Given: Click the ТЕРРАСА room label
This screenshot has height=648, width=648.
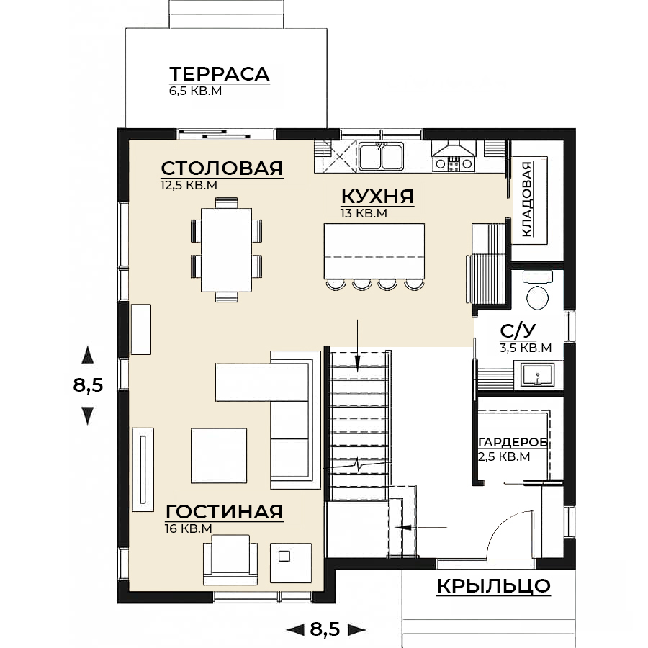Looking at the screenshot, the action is (220, 74).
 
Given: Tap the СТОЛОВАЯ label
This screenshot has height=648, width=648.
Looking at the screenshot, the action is (222, 168).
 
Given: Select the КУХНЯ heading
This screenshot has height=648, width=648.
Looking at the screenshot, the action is (377, 197).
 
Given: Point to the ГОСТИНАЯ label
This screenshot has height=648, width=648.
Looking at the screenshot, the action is (225, 512).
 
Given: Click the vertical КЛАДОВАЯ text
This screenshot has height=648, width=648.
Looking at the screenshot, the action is (527, 199).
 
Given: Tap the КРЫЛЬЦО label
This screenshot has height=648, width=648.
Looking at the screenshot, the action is (494, 586).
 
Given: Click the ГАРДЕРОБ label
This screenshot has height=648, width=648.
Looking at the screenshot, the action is (513, 443).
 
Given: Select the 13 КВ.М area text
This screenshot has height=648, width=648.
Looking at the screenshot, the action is (364, 214).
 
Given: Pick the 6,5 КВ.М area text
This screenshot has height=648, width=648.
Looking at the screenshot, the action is (195, 91).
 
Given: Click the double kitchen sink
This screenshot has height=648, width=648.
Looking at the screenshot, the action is (381, 156).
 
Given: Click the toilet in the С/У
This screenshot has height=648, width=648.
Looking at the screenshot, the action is (537, 291).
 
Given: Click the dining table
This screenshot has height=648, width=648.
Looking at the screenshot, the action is (227, 250).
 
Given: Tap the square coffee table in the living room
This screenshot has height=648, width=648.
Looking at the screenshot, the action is (219, 456).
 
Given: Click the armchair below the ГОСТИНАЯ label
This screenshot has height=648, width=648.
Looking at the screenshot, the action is (230, 559).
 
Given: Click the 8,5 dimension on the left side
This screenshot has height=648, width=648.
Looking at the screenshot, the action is (88, 386).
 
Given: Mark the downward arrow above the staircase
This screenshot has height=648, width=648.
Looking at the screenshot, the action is (357, 344).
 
